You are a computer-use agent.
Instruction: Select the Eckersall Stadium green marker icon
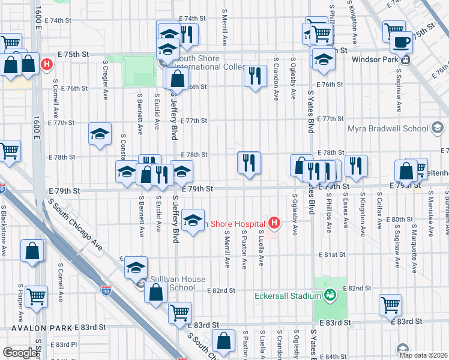click(329, 295)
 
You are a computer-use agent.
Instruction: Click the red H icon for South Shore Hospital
click(274, 224)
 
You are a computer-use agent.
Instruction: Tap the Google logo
click(20, 353)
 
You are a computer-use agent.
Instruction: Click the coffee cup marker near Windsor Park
click(401, 43)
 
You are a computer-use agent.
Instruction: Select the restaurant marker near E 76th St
click(255, 76)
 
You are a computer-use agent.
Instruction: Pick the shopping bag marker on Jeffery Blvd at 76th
click(178, 78)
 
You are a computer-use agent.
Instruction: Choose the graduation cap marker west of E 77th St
click(100, 133)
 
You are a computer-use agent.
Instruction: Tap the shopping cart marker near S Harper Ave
click(37, 295)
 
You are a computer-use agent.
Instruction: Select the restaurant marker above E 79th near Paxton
click(249, 162)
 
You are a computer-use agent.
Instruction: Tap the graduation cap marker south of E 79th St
click(193, 221)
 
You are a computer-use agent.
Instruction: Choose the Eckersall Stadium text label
click(287, 295)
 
